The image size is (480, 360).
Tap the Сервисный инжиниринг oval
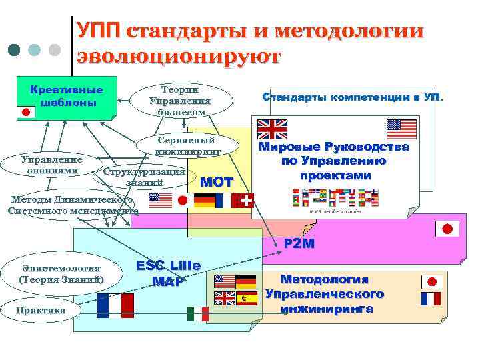pyautogui.click(x=187, y=146)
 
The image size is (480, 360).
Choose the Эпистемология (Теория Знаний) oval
pyautogui.click(x=61, y=274)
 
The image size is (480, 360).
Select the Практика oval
pyautogui.click(x=41, y=310)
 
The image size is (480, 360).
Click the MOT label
pyautogui.click(x=217, y=182)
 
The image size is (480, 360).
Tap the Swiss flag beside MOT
pyautogui.click(x=246, y=201)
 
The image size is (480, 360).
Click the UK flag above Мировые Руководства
pyautogui.click(x=272, y=129)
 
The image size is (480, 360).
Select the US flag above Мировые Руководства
pyautogui.click(x=402, y=129)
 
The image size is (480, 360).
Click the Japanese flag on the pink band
pyautogui.click(x=447, y=230)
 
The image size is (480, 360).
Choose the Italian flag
pyautogui.click(x=197, y=314)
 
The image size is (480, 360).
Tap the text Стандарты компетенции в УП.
pyautogui.click(x=353, y=97)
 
